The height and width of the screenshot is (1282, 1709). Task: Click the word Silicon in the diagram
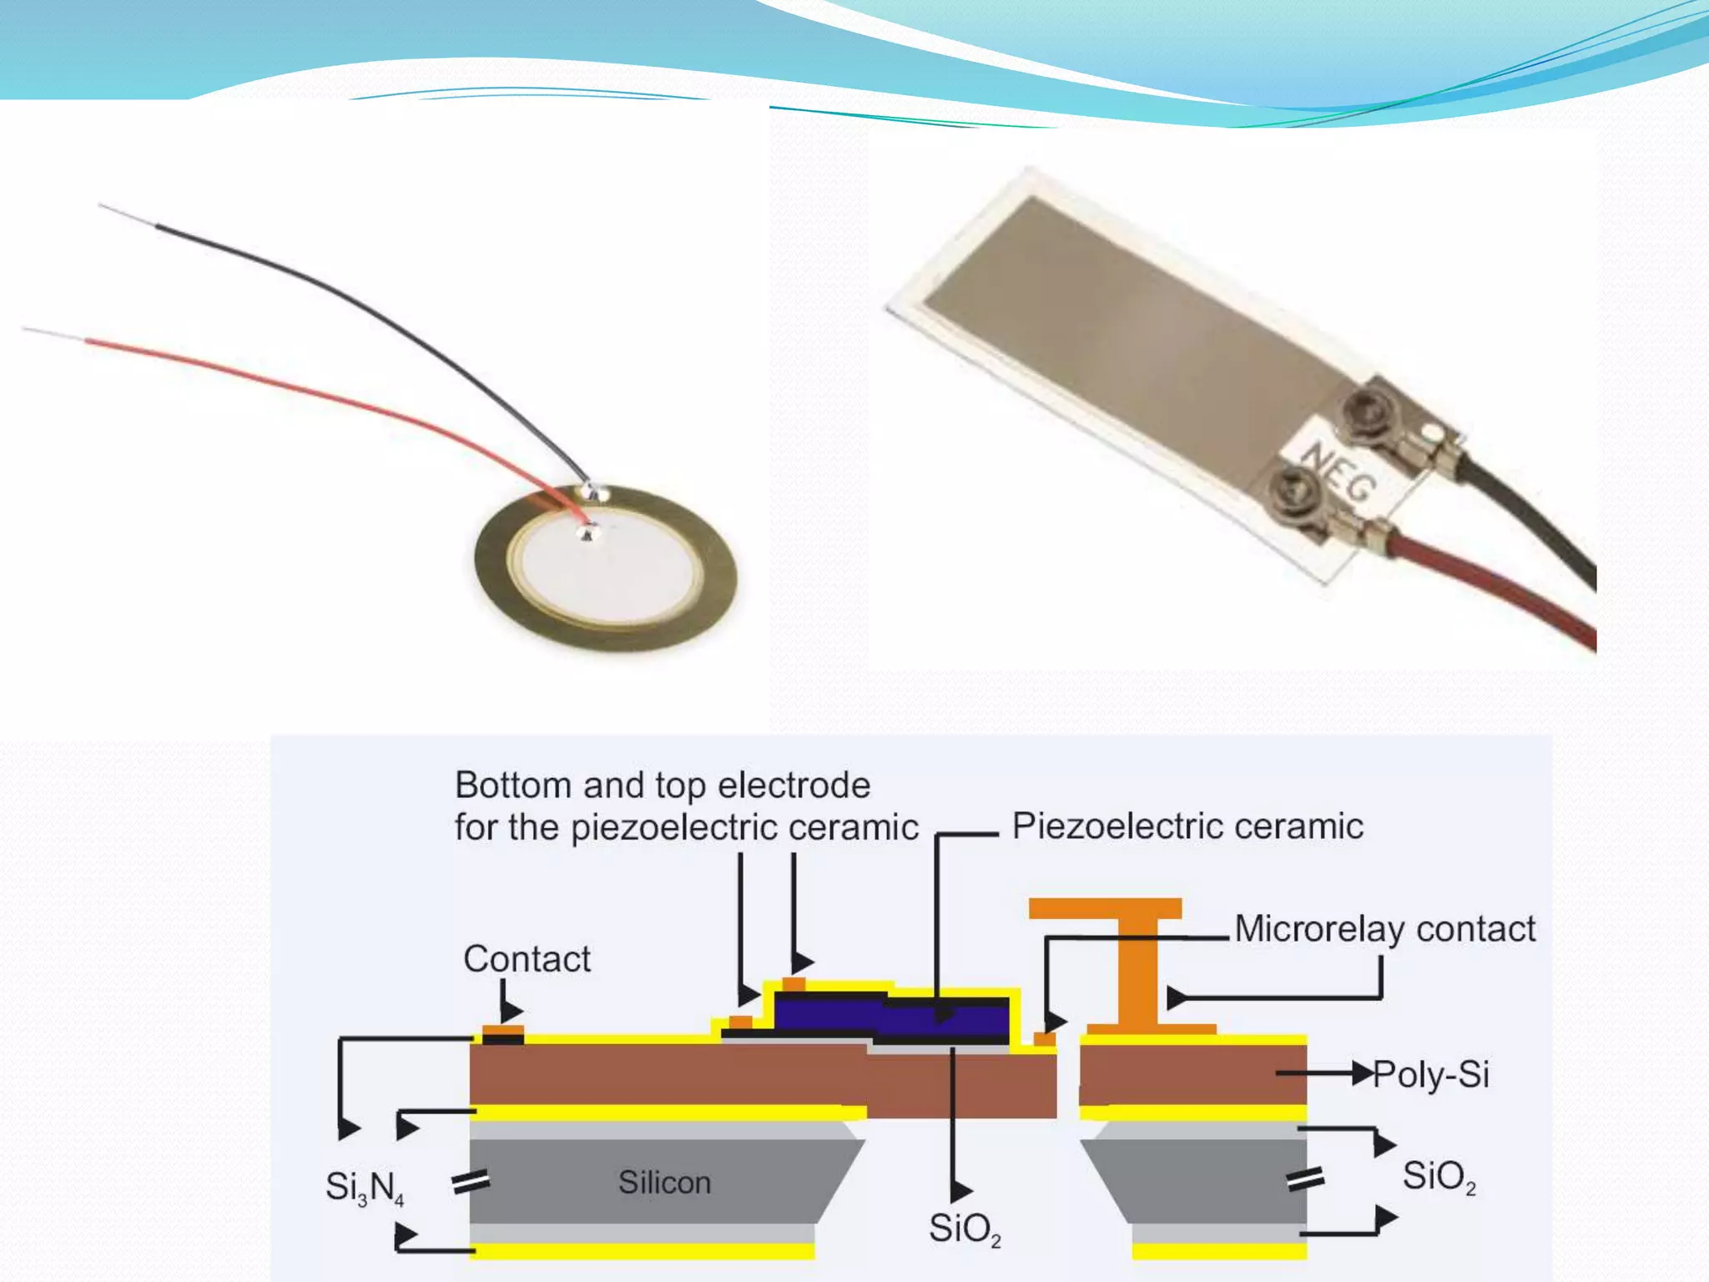(x=664, y=1183)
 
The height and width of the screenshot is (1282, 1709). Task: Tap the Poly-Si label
(x=1431, y=1074)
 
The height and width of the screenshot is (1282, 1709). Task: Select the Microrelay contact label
(x=1384, y=929)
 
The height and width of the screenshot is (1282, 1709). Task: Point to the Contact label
(x=527, y=959)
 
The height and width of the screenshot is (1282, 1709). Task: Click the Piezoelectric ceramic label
(x=1187, y=826)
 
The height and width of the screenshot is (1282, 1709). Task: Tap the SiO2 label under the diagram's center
(x=965, y=1229)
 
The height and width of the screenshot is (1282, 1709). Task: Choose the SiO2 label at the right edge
(x=1439, y=1176)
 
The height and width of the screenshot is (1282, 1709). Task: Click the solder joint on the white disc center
(x=588, y=531)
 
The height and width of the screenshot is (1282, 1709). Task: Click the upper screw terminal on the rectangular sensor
(x=1366, y=408)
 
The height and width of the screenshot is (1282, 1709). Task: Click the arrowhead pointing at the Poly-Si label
(x=1362, y=1073)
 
